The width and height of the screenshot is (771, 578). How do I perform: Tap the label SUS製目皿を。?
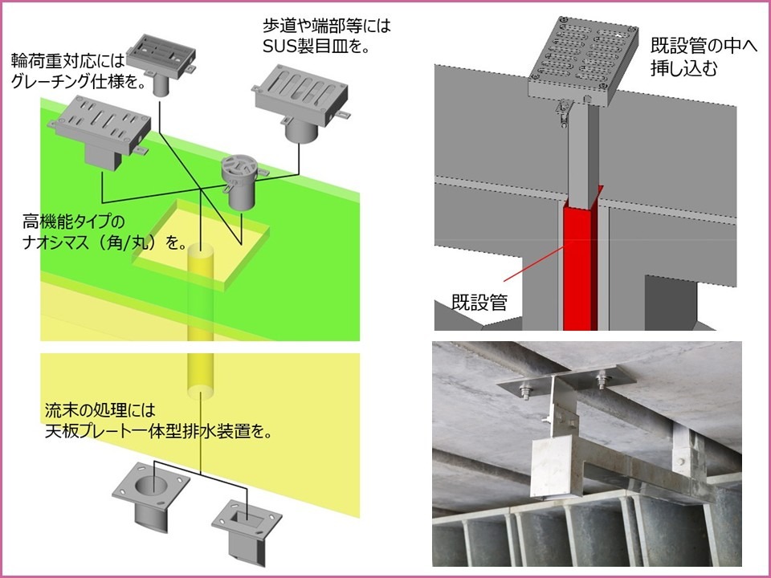click(316, 47)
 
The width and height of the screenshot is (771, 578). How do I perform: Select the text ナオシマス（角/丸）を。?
click(105, 240)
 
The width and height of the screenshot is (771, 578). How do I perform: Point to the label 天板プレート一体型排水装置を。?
click(156, 431)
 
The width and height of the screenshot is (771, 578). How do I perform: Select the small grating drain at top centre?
click(165, 59)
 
